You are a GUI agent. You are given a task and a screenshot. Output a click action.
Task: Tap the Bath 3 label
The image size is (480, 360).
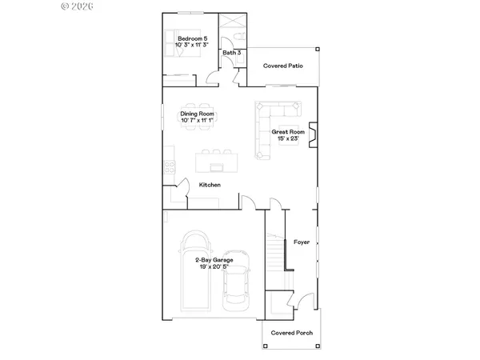[232, 53]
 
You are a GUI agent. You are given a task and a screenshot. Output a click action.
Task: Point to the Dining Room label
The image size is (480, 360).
[197, 114]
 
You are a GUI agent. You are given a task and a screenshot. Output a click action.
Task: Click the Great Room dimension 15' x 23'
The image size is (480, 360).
[287, 138]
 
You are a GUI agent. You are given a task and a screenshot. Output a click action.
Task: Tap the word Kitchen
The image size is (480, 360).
[210, 185]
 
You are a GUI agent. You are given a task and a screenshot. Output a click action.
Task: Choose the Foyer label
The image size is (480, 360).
[302, 241]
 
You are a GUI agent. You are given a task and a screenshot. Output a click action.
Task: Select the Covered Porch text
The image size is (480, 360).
[291, 333]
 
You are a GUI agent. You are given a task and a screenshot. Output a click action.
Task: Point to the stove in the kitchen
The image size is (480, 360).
[168, 167]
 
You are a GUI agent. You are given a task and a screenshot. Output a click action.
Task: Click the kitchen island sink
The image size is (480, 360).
[215, 166]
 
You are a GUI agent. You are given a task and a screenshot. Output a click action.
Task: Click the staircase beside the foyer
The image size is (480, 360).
[277, 254]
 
